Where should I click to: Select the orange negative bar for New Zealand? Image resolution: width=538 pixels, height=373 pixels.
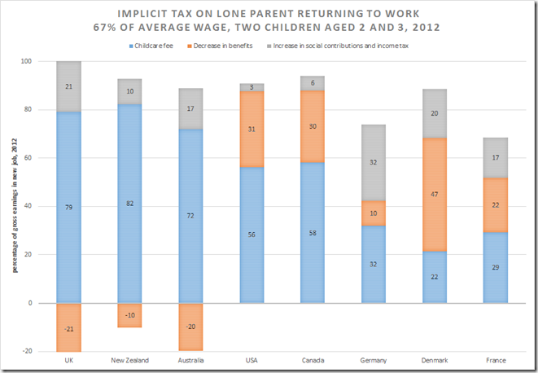coord(130,315)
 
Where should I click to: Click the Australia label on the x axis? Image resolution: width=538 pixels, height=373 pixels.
coord(190,359)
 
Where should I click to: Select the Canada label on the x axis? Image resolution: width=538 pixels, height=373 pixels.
coord(313,359)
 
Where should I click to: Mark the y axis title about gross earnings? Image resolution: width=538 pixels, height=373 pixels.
coord(14,206)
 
